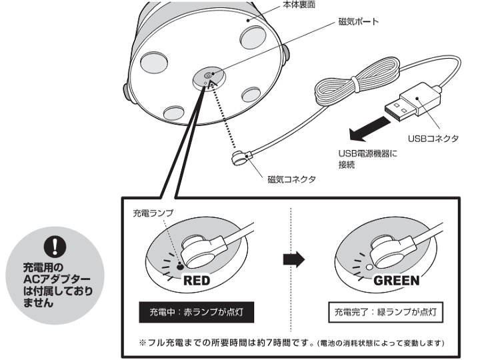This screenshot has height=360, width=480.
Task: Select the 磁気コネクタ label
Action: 291,179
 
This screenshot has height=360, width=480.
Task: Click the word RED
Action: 197,281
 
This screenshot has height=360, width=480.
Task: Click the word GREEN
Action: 396,281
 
